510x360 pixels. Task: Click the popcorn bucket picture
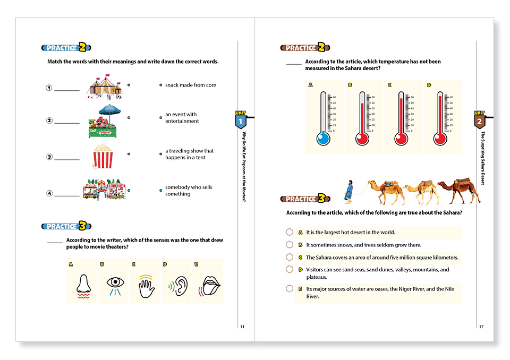(103, 157)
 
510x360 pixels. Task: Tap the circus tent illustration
(105, 87)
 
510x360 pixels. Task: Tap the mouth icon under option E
(208, 285)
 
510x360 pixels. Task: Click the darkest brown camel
(458, 192)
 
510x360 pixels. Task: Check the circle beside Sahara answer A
(290, 232)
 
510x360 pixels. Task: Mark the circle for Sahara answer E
(290, 289)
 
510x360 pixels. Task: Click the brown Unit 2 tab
(479, 121)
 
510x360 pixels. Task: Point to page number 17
(481, 327)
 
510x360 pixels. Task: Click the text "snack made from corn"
(190, 85)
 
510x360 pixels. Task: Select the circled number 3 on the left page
(49, 157)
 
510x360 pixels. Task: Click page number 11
(242, 327)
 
